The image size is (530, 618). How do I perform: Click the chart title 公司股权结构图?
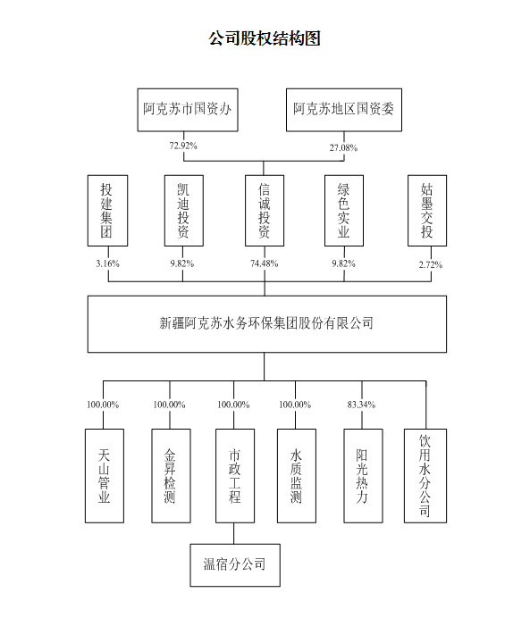click(265, 38)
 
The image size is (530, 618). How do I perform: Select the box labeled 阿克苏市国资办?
click(188, 110)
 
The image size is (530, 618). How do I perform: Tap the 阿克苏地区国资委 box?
click(344, 110)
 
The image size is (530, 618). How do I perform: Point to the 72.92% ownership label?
click(183, 146)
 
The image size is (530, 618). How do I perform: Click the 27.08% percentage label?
click(343, 147)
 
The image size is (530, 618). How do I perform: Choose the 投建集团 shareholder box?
click(107, 211)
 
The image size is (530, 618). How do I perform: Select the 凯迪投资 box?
click(184, 211)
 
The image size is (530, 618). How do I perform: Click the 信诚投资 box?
click(265, 211)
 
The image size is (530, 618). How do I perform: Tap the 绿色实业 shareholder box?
click(344, 211)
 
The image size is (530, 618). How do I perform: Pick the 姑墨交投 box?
click(427, 211)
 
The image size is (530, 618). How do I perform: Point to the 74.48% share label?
click(265, 263)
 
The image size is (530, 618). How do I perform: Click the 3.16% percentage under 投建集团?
click(107, 263)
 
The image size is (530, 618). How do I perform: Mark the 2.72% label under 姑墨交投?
click(431, 265)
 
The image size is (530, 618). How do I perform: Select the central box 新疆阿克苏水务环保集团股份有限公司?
click(267, 324)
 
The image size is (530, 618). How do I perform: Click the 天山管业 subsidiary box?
click(105, 476)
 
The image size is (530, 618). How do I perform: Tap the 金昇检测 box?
click(171, 476)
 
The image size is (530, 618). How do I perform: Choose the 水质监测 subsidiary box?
click(297, 476)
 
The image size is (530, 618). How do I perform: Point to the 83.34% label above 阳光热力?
click(361, 405)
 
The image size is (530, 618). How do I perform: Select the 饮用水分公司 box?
click(425, 476)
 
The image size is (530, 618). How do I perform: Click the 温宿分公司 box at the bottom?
click(235, 565)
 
